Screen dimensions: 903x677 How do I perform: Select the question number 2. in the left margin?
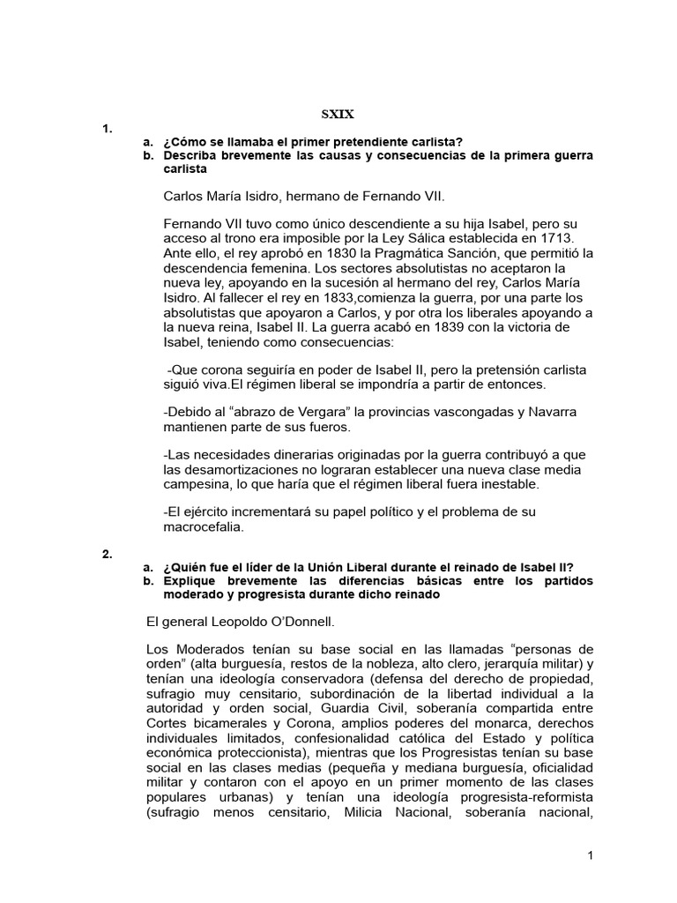coord(107,554)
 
